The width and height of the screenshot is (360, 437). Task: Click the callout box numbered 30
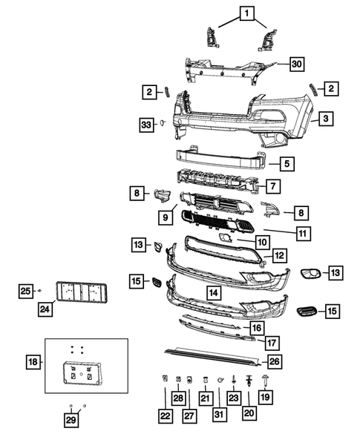[296, 64]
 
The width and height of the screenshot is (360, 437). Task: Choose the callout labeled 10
[262, 241]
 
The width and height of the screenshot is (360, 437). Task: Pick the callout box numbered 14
[213, 293]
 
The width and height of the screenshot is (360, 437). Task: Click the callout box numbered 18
[33, 362]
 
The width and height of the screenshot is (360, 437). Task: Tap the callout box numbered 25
[26, 290]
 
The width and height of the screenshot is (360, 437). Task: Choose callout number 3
[325, 118]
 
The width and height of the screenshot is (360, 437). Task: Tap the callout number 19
[265, 398]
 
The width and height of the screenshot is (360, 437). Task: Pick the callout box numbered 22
[166, 417]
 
